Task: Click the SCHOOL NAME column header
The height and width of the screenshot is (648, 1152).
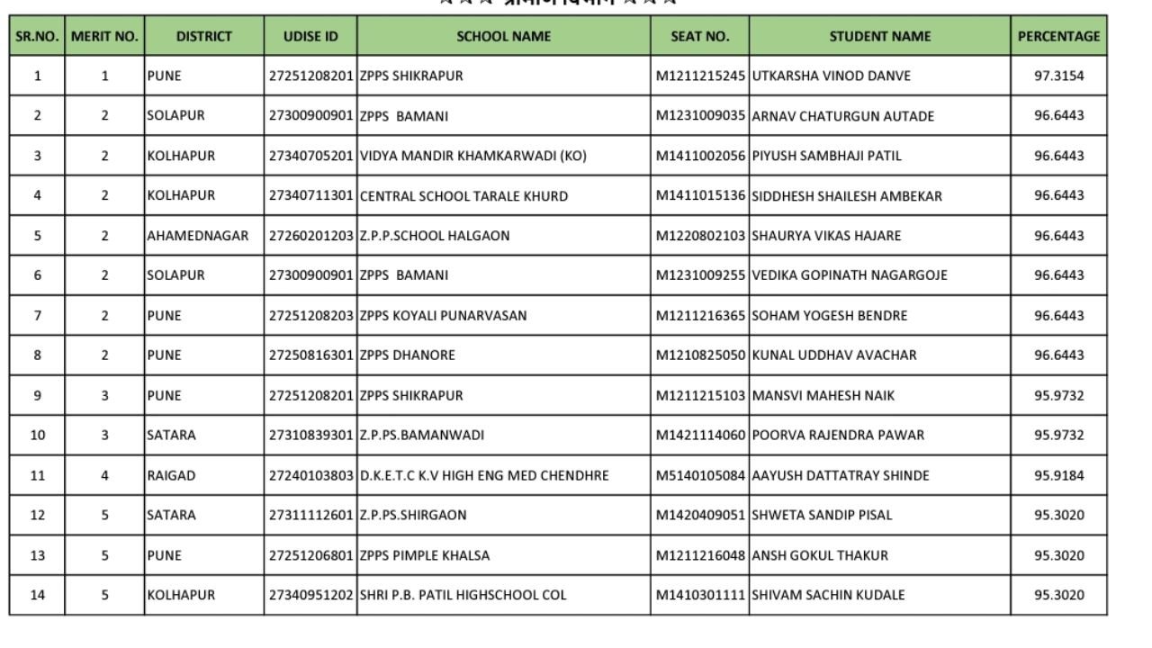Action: click(503, 37)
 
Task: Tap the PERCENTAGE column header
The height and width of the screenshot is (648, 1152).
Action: click(1058, 37)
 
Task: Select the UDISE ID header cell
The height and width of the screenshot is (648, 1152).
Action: click(310, 37)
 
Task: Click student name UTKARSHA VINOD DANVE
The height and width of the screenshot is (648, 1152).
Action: click(831, 76)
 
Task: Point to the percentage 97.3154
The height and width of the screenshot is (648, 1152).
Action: click(1058, 76)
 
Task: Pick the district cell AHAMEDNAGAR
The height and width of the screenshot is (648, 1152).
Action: click(198, 236)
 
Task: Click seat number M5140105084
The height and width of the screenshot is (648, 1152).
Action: click(700, 475)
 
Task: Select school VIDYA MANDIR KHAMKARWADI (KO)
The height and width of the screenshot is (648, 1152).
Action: click(472, 156)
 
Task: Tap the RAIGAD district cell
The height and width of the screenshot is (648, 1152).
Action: click(171, 475)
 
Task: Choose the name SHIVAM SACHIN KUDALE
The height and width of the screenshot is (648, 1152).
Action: click(828, 595)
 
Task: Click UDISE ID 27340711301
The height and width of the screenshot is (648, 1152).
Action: click(310, 196)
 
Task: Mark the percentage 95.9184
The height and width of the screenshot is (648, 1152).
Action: click(1058, 475)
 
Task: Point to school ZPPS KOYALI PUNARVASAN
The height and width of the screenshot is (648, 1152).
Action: click(443, 316)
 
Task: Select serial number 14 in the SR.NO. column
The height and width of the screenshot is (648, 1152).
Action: click(37, 595)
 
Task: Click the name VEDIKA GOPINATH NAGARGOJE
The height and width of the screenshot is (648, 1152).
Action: click(849, 275)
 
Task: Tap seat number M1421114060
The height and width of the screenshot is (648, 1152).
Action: click(700, 436)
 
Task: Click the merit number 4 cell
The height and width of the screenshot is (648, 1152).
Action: click(104, 475)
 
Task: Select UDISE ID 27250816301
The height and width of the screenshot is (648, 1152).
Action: click(310, 355)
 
